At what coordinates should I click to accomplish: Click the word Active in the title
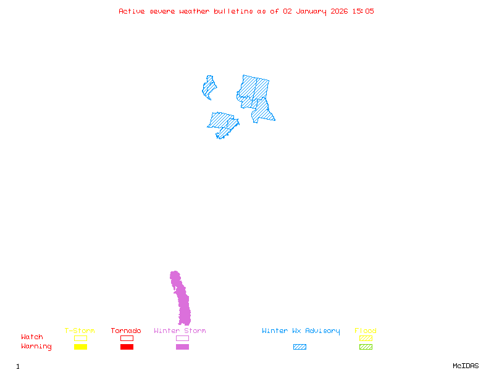tap(131, 11)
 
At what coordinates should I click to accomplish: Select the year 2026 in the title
tap(338, 11)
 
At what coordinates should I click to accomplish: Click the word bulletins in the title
tap(233, 11)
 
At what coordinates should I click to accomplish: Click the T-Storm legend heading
tap(80, 331)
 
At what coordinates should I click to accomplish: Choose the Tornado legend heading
tap(126, 331)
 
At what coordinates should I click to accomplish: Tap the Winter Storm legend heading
tap(180, 331)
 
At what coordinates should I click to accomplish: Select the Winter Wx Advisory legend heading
tap(301, 331)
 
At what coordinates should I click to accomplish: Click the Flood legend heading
tap(366, 331)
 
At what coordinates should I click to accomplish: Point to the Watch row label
tap(32, 337)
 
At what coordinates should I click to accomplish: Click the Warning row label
tap(36, 347)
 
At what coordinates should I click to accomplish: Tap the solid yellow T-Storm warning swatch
tap(80, 347)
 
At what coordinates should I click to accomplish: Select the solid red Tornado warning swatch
tap(127, 347)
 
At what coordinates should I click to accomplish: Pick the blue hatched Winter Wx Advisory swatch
tap(299, 347)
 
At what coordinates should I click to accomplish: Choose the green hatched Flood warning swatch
tap(366, 347)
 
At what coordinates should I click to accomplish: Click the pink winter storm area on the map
tap(183, 302)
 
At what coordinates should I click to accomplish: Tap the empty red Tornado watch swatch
tap(127, 338)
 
